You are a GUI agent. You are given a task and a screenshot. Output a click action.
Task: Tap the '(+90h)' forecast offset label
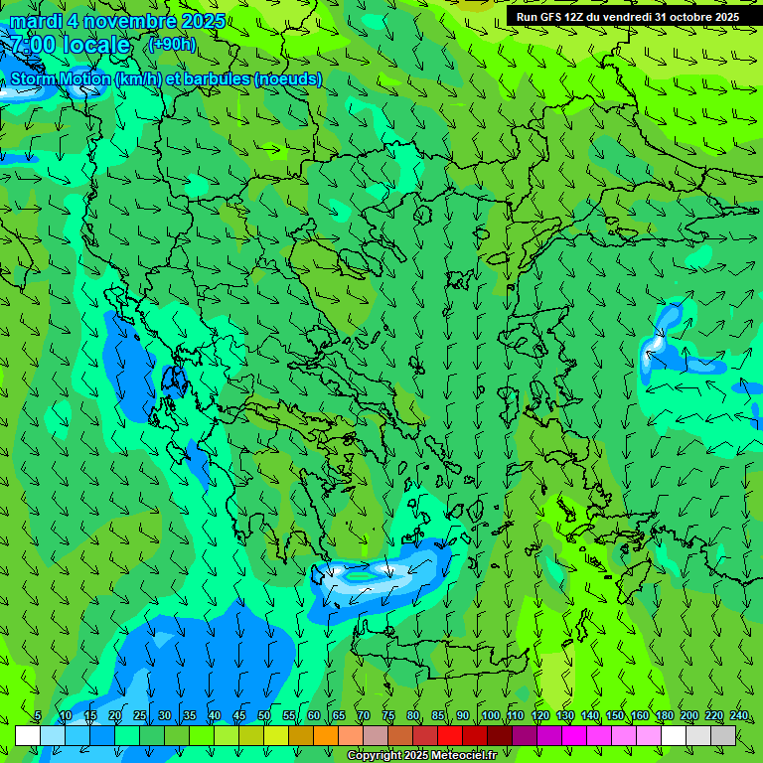[172, 44]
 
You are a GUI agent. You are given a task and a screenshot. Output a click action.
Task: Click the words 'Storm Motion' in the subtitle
[60, 78]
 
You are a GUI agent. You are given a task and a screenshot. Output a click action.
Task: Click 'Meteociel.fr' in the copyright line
[471, 756]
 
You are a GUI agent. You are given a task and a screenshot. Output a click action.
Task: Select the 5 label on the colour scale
[38, 716]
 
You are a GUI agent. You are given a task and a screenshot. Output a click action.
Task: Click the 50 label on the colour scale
[264, 716]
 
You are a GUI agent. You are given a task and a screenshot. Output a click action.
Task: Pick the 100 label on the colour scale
[491, 716]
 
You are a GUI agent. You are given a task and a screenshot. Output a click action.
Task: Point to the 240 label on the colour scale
[739, 716]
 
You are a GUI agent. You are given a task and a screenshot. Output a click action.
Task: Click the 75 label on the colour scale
[388, 716]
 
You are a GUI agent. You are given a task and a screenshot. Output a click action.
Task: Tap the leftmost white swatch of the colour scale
[28, 735]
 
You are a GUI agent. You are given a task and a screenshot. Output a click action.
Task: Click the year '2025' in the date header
[203, 21]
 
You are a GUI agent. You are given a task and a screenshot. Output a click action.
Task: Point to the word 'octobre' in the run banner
[691, 17]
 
